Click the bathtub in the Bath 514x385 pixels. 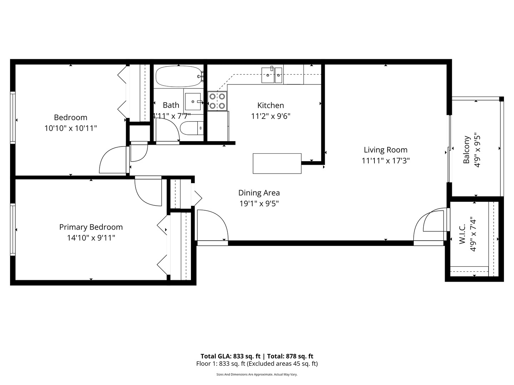[178, 76]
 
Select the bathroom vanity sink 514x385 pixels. [193, 102]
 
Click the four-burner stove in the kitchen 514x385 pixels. [218, 101]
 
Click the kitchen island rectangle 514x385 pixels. [277, 163]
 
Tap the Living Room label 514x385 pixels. [385, 150]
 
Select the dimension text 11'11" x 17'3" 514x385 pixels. [385, 161]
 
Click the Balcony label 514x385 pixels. [466, 150]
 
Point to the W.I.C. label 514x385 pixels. [462, 234]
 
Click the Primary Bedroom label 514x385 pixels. [91, 227]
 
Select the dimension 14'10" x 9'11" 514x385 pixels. [91, 238]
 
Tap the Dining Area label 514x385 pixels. [259, 193]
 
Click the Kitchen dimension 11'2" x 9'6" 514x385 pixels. [271, 116]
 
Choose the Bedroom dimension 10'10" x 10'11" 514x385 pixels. [71, 128]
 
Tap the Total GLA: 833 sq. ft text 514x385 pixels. [231, 356]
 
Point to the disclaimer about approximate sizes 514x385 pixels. [257, 375]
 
